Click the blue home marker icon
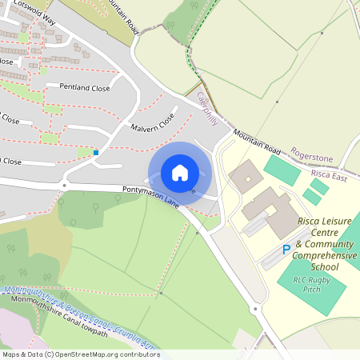click(x=180, y=173)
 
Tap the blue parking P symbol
click(x=286, y=250)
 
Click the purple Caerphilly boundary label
click(x=207, y=109)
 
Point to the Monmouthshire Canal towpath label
click(x=59, y=306)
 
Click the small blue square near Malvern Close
click(x=96, y=152)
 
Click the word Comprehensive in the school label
click(x=323, y=255)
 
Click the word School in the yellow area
click(x=325, y=266)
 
